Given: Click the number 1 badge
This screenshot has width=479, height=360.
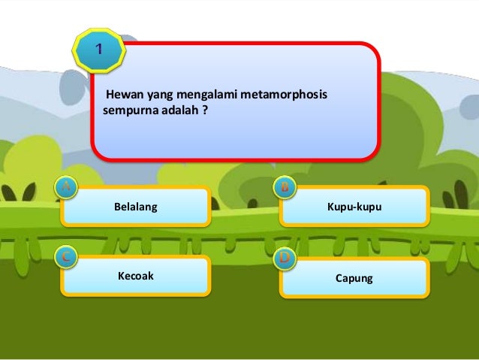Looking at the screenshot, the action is [98, 50].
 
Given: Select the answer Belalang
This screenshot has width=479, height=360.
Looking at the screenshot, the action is [135, 206].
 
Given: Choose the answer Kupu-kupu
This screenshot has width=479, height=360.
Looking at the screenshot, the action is [354, 206].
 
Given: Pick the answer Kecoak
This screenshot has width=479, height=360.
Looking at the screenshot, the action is [135, 276].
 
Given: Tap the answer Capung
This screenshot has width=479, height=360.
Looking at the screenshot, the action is [354, 278].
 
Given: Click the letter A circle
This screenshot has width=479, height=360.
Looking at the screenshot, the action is [66, 188].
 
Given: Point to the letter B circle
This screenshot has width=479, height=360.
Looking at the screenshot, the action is [285, 188].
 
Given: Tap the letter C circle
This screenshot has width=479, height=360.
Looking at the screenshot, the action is [66, 258].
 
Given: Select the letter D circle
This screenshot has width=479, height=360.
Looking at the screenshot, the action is [285, 259].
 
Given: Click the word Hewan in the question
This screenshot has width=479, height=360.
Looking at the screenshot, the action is [122, 95].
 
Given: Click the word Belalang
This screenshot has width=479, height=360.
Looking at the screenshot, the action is [135, 206].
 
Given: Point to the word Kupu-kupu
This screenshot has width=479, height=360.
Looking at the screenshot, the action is [354, 206].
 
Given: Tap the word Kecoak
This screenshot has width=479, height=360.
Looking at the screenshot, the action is [135, 276].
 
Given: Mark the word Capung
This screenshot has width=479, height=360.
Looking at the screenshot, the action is [354, 278].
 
